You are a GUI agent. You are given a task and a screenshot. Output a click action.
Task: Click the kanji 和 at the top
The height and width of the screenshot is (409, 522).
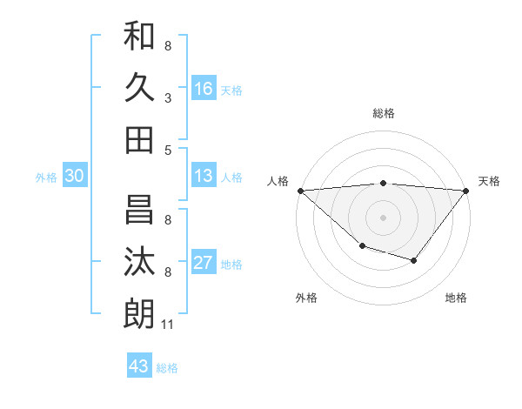point(139,37)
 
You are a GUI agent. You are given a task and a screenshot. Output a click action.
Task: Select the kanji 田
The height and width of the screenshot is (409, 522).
point(139,139)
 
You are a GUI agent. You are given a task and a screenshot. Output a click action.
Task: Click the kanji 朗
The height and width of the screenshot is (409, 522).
point(139,313)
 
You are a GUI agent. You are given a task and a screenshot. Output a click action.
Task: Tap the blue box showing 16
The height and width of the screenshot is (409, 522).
point(204,88)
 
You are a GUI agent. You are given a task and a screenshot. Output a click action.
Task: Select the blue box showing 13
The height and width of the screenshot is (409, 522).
point(204,176)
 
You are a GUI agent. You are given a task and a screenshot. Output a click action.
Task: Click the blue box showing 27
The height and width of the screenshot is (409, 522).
point(204,263)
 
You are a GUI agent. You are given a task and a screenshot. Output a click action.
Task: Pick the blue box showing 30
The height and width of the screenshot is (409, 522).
point(74,176)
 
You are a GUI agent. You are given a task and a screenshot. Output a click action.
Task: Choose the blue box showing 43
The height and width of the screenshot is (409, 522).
point(139,365)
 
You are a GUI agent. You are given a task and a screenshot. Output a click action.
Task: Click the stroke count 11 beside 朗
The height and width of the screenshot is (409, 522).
point(169,325)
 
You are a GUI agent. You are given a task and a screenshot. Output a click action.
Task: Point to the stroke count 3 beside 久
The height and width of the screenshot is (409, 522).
point(168,99)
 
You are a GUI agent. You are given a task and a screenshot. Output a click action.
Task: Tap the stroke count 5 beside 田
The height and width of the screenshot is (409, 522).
point(168,150)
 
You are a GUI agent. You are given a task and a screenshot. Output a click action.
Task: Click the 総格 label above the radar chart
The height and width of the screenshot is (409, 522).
point(383,113)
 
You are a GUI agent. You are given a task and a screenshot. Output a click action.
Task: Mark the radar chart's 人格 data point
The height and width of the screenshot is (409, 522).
point(299,190)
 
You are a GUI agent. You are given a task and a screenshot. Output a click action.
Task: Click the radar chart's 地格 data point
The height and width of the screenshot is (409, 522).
point(414,260)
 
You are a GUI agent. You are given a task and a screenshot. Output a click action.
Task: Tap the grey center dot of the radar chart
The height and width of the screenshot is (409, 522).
point(383,217)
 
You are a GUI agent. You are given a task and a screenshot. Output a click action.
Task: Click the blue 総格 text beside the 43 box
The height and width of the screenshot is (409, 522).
point(167,367)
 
